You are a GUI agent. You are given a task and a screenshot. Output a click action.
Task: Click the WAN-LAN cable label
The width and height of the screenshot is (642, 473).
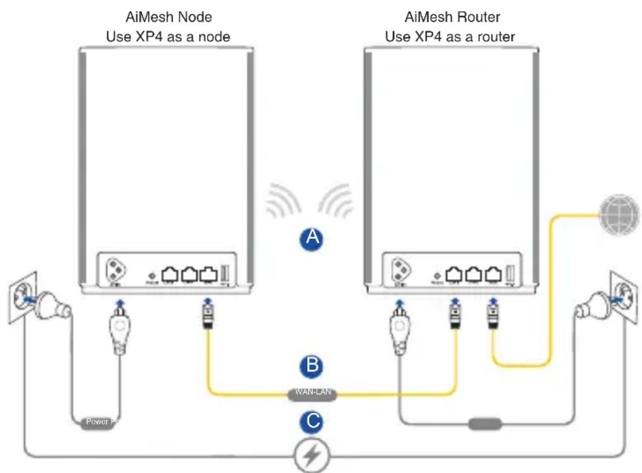click(313, 394)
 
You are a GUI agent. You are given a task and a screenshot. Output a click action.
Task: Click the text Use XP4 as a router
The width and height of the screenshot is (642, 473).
click(450, 36)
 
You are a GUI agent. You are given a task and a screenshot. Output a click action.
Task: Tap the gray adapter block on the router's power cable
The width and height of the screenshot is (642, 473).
click(484, 423)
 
